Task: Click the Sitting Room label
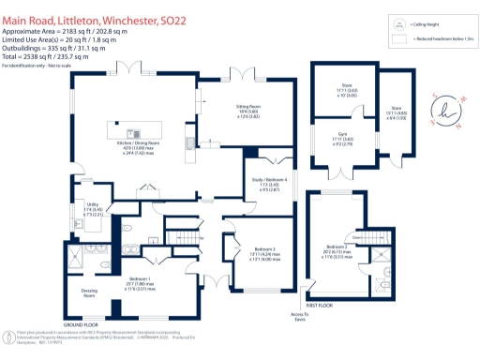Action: coord(247,112)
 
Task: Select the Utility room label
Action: coord(92,208)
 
